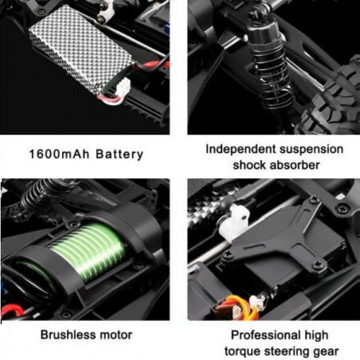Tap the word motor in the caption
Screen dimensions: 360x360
click(115, 335)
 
